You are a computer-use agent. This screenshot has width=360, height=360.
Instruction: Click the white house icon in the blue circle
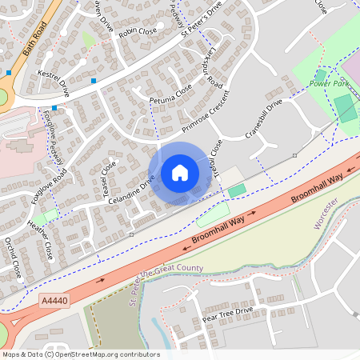pyautogui.click(x=180, y=173)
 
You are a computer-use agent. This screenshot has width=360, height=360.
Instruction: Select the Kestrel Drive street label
pyautogui.click(x=54, y=82)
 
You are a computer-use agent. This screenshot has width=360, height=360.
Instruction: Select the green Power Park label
pyautogui.click(x=330, y=83)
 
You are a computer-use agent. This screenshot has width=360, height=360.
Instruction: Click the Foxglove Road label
pyautogui.click(x=47, y=186)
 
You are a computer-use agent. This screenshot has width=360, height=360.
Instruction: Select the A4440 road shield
pyautogui.click(x=53, y=301)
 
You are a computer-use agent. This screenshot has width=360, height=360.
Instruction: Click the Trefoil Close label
pyautogui.click(x=215, y=160)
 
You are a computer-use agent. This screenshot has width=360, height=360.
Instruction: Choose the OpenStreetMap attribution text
pyautogui.click(x=81, y=354)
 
